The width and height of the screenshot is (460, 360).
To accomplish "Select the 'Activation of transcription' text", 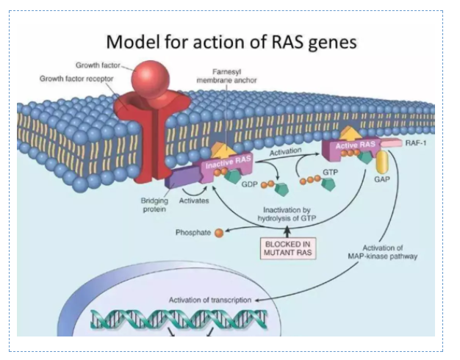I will (x=210, y=300).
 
